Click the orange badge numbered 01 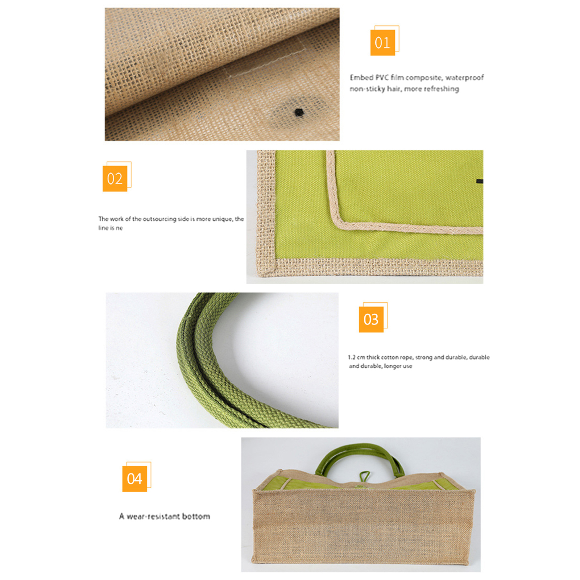382,42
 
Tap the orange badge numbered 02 115,178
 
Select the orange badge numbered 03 371,319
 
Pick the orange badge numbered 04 134,479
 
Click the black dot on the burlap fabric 299,112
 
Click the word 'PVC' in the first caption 382,77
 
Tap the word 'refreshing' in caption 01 442,89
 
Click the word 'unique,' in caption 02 223,219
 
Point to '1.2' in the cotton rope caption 352,357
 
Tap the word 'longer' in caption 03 393,366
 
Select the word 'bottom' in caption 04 196,516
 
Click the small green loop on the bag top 365,476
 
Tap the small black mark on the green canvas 480,181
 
